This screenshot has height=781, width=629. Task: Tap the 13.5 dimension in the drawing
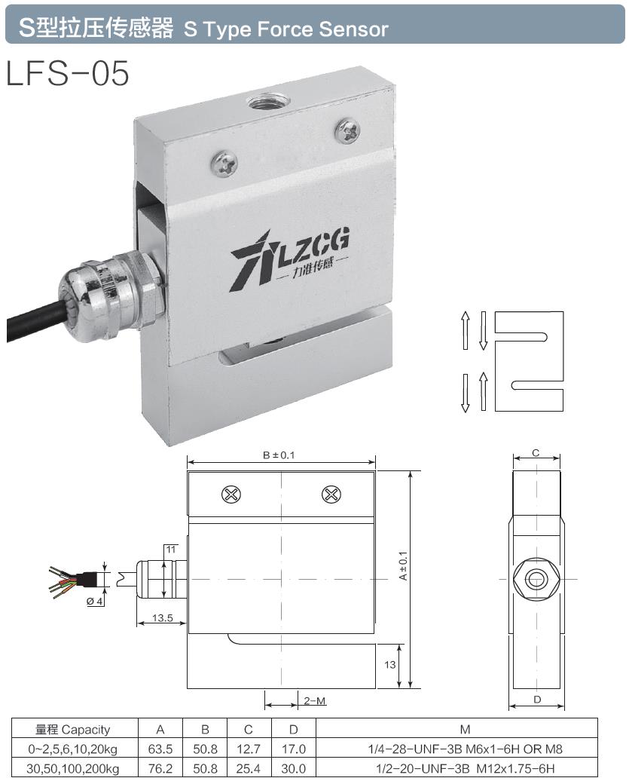pyautogui.click(x=162, y=618)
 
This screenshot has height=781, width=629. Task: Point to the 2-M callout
pyautogui.click(x=315, y=701)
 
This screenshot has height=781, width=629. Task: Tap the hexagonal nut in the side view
pyautogui.click(x=536, y=579)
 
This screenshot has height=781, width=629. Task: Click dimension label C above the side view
pyautogui.click(x=536, y=453)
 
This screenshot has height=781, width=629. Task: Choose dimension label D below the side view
pyautogui.click(x=536, y=700)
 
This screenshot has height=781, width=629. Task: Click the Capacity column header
pyautogui.click(x=73, y=729)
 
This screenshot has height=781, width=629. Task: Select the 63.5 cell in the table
pyautogui.click(x=160, y=749)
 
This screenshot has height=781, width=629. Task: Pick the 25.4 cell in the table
pyautogui.click(x=249, y=768)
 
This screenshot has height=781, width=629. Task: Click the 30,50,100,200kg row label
pyautogui.click(x=73, y=768)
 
